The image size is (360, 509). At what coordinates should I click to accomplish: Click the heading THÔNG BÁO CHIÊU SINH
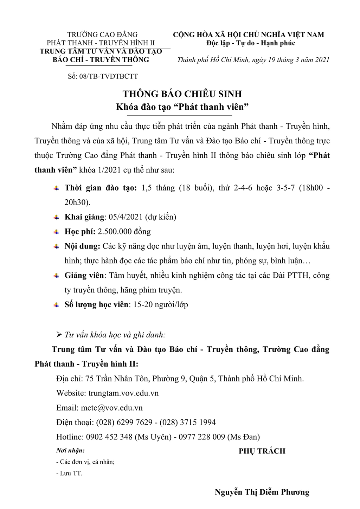(x=182, y=94)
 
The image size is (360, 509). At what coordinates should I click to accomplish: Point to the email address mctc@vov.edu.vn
(x=111, y=408)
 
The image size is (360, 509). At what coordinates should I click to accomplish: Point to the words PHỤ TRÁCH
(x=262, y=451)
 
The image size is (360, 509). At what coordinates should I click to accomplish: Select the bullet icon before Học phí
(x=56, y=232)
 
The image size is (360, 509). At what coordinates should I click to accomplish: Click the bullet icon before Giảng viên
(x=56, y=276)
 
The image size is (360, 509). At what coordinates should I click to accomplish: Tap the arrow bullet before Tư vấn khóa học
(x=59, y=334)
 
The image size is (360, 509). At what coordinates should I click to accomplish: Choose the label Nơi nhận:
(x=70, y=450)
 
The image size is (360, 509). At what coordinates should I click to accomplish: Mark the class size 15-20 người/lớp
(x=161, y=304)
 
